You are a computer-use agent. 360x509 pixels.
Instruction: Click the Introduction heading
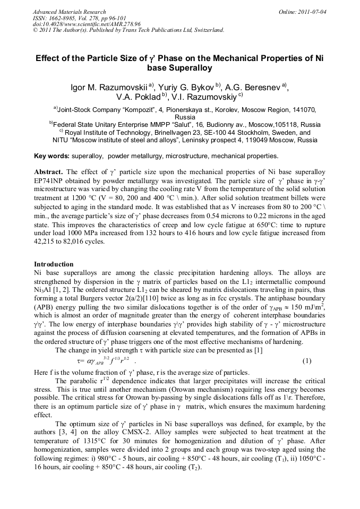[x=54, y=264]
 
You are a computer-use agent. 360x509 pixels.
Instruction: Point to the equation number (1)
[x=307, y=361]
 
